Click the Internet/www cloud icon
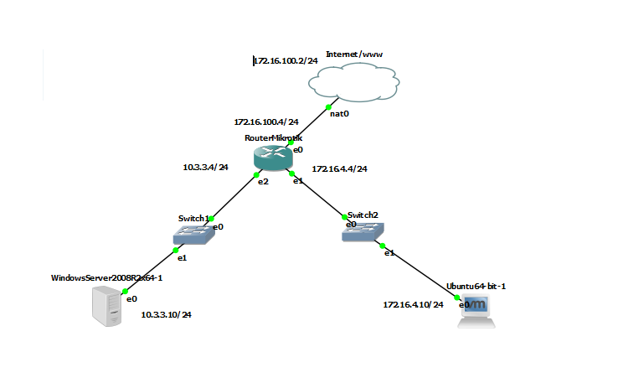[x=352, y=83]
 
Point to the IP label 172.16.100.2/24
[x=286, y=61]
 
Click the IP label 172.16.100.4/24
[x=266, y=122]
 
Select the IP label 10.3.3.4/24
[x=206, y=167]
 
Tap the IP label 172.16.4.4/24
[x=339, y=168]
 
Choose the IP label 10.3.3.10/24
[x=166, y=315]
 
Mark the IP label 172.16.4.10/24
[x=413, y=304]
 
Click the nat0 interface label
[x=339, y=113]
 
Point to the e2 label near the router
[x=262, y=181]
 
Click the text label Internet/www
[x=354, y=54]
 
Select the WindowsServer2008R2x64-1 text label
[x=106, y=277]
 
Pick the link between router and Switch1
[x=234, y=198]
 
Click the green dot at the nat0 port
[x=329, y=107]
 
